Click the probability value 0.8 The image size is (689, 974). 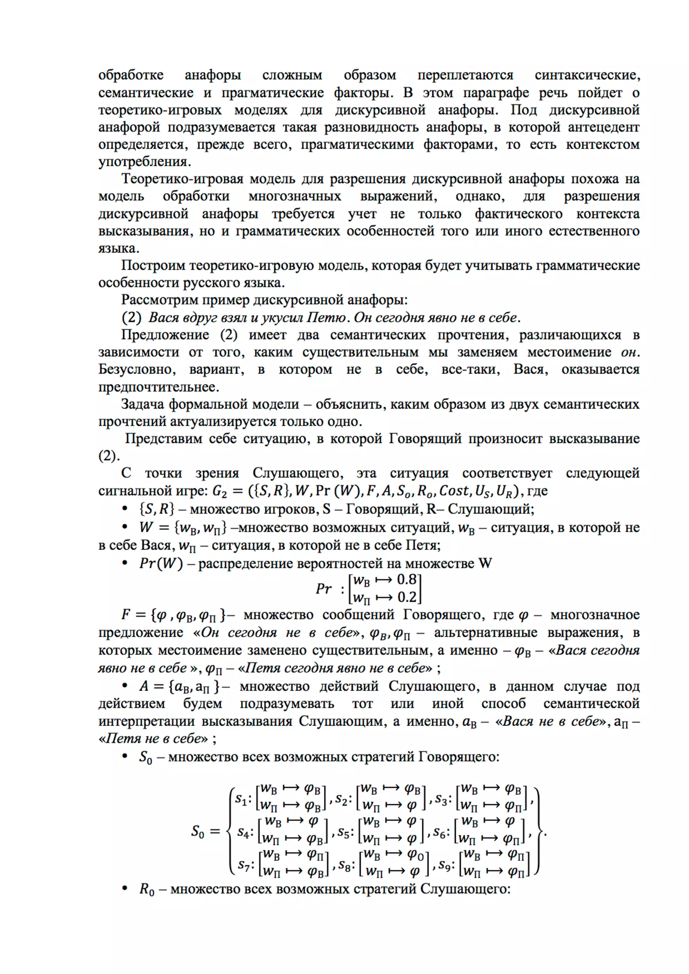(x=406, y=579)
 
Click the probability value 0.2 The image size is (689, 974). (x=406, y=597)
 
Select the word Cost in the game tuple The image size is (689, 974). (x=454, y=491)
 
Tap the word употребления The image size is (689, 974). (x=144, y=162)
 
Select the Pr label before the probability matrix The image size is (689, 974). (x=324, y=589)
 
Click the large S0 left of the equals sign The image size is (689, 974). (x=198, y=831)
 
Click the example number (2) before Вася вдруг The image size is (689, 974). (x=131, y=317)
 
